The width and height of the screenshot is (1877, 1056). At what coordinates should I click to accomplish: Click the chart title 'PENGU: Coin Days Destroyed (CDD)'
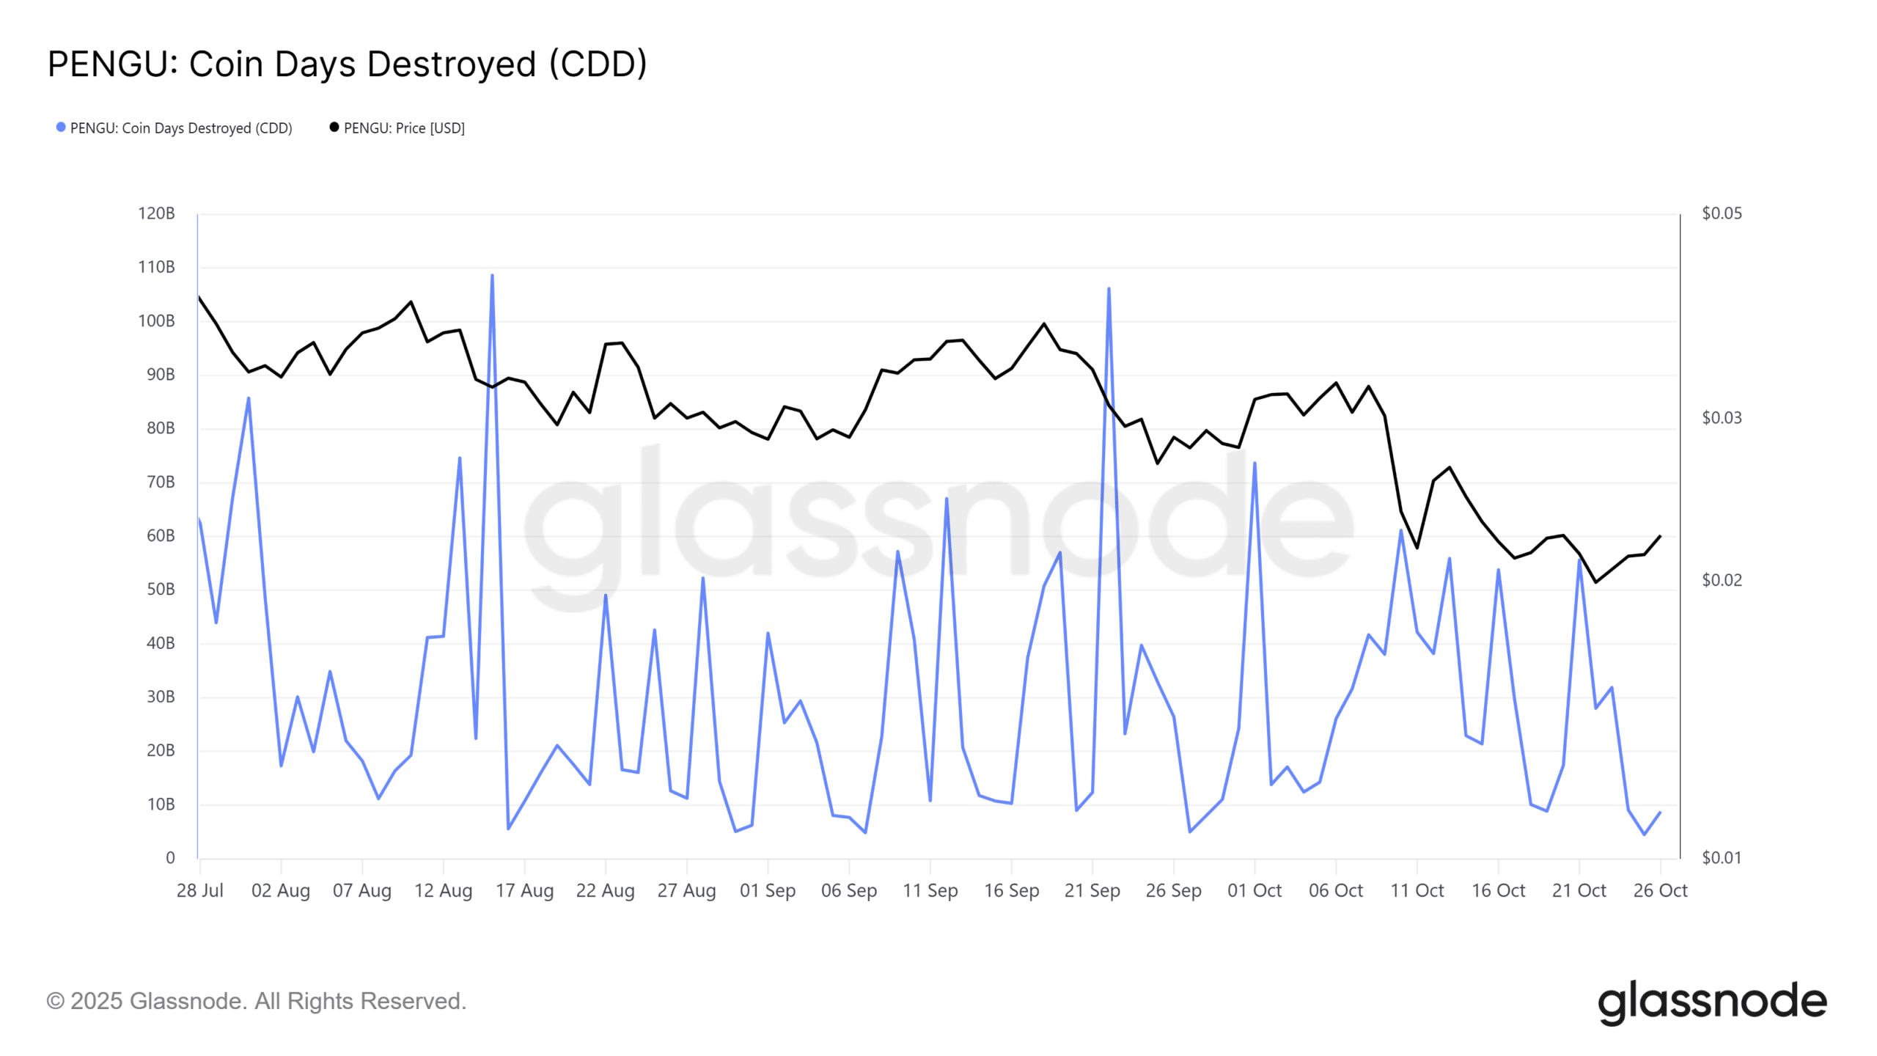coord(347,65)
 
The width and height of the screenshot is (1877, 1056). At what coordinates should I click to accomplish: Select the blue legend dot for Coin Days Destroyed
coord(61,128)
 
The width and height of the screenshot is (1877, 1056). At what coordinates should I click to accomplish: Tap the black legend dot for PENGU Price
coord(334,128)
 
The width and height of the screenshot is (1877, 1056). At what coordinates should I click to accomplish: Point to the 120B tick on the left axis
coord(156,213)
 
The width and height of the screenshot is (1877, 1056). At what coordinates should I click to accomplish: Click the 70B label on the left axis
coord(161,482)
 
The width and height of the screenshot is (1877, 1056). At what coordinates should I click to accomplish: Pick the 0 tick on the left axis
coord(170,858)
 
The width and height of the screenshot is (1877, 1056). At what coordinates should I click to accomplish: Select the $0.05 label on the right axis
coord(1722,213)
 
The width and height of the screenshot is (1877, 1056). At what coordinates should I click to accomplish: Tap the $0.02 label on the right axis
coord(1722,580)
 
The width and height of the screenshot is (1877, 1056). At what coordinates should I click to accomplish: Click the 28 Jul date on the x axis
coord(199,890)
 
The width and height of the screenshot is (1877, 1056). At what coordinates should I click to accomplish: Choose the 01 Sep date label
coord(767,890)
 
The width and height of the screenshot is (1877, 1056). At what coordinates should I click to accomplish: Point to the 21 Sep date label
coord(1092,890)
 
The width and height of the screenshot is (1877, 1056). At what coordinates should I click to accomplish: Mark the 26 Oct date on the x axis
coord(1660,890)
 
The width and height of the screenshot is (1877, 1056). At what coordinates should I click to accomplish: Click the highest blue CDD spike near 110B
coord(492,276)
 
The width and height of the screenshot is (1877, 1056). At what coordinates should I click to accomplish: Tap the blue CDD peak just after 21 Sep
coord(1109,289)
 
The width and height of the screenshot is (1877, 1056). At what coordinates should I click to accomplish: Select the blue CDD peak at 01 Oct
coord(1255,463)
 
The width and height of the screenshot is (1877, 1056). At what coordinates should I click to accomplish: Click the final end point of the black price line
coord(1660,536)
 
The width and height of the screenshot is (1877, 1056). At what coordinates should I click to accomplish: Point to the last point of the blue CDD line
coord(1660,813)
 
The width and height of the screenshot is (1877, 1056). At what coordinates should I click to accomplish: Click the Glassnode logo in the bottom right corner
coord(1712,1002)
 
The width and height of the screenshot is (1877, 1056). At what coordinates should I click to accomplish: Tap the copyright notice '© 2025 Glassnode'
coord(256,1001)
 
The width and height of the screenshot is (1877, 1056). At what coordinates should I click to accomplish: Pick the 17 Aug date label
coord(524,890)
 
